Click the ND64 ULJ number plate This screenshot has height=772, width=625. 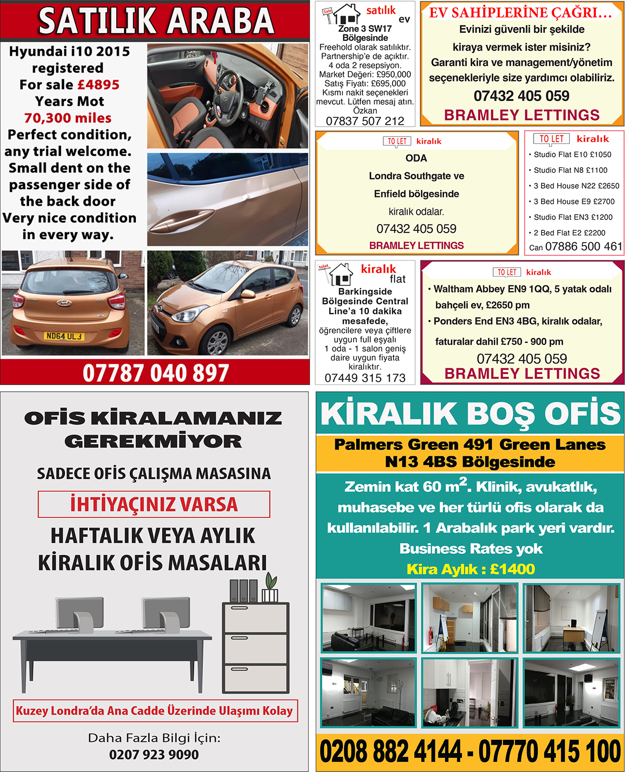[x=64, y=337]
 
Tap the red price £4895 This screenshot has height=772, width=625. [x=98, y=85]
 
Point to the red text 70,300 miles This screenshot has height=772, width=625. [x=68, y=118]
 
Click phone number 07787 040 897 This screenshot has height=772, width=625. [x=156, y=373]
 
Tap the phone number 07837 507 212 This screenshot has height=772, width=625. [x=365, y=121]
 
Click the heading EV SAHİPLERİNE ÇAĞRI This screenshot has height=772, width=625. [x=520, y=13]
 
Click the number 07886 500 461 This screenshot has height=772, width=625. [x=583, y=246]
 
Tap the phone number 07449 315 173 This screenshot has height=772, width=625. [x=365, y=378]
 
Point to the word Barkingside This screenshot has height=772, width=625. [x=365, y=292]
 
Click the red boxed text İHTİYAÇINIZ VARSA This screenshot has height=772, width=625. [x=154, y=504]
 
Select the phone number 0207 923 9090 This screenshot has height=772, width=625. [x=154, y=755]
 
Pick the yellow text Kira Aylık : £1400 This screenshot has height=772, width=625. [x=470, y=569]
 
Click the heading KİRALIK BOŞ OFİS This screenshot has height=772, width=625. [x=470, y=414]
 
